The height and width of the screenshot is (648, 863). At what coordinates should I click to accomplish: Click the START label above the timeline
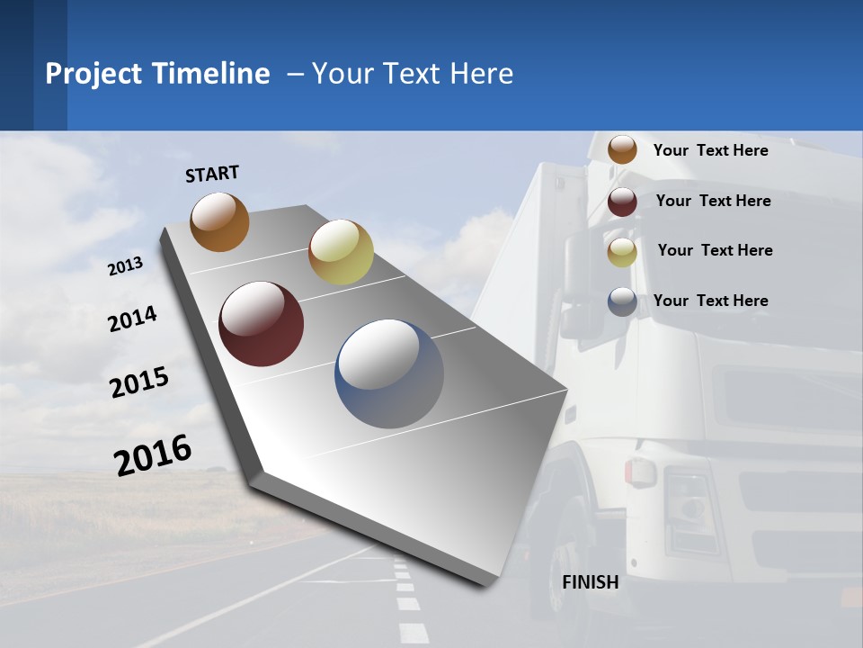pos(212,174)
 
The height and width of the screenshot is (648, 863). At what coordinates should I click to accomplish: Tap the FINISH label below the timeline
pos(591,582)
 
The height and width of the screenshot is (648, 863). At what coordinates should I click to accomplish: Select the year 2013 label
pos(125,266)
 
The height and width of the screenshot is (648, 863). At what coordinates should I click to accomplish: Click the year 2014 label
pos(132,319)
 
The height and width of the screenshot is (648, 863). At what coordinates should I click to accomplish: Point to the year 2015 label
pos(139,382)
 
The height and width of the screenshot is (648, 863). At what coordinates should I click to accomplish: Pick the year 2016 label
pos(153,454)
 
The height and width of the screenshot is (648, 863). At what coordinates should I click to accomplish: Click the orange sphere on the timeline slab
pos(219,221)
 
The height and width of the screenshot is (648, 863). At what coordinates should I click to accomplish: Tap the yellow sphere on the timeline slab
pos(341,252)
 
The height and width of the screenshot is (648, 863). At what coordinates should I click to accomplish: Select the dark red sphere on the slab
pos(261,324)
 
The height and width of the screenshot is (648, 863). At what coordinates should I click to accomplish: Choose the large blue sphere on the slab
pos(389,373)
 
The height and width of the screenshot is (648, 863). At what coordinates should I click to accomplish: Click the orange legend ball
pos(622,149)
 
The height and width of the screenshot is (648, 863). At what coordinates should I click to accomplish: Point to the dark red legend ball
pos(622,202)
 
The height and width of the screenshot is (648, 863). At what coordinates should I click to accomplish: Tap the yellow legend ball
pos(622,252)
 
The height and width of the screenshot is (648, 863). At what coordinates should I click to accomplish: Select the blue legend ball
pos(622,301)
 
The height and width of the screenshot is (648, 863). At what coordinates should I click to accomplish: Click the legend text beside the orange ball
pos(710,150)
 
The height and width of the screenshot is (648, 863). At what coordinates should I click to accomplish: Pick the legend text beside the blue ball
pos(710,301)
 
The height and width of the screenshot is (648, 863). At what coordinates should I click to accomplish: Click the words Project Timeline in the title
pos(157,74)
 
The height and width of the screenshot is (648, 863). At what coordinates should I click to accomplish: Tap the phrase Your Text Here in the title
pos(412,74)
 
